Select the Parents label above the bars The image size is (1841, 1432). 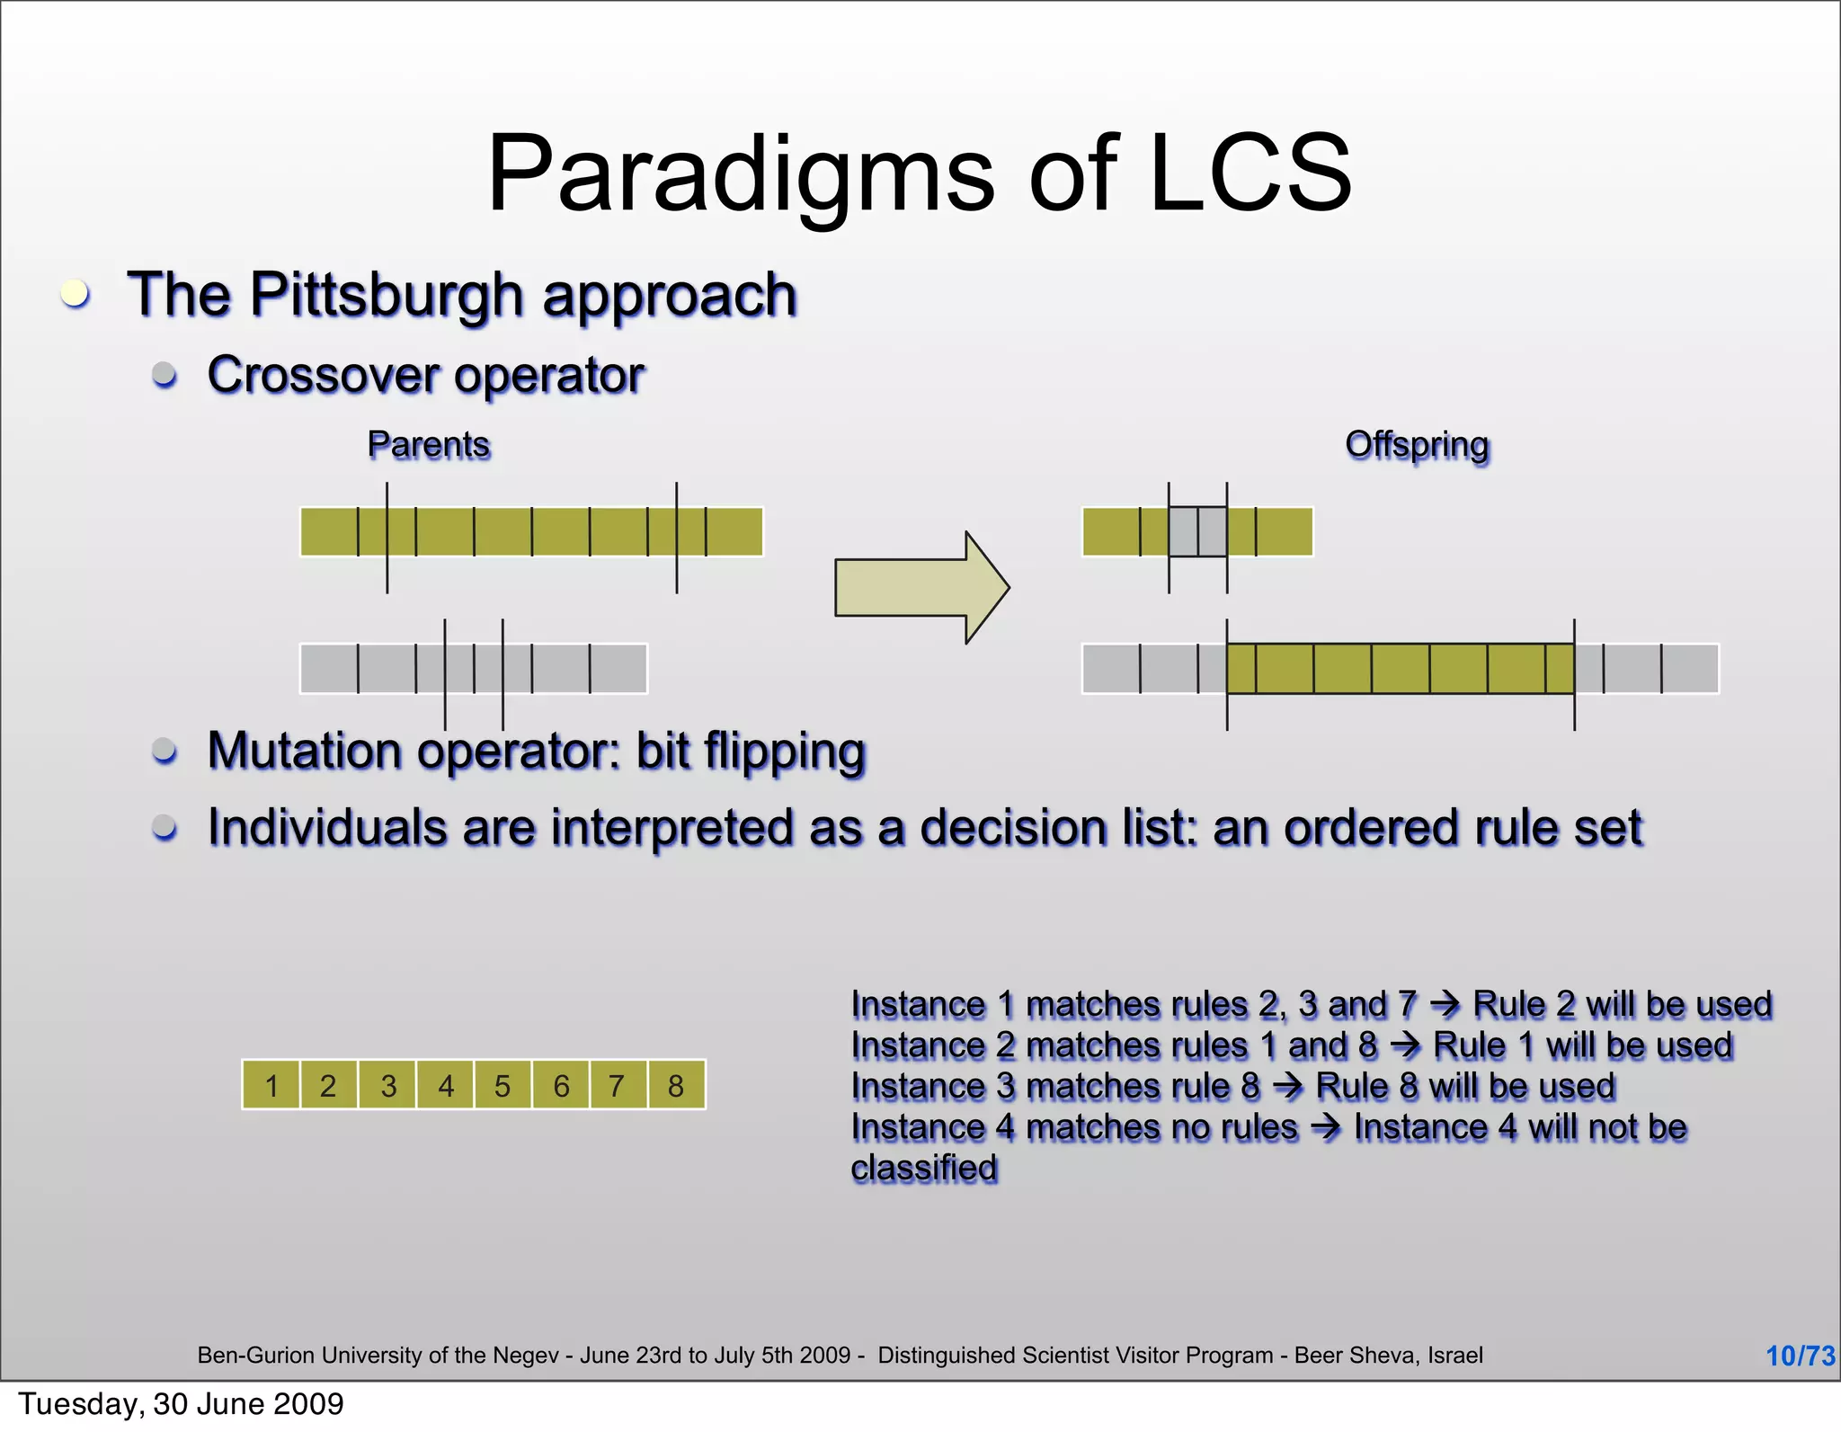tap(429, 445)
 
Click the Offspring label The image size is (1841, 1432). tap(1417, 445)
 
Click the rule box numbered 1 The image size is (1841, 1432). tap(271, 1086)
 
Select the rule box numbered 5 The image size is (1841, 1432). tap(502, 1086)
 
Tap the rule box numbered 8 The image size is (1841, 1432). tap(676, 1086)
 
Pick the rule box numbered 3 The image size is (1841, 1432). tap(387, 1086)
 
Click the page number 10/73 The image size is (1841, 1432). tap(1800, 1356)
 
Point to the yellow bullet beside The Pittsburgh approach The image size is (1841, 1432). tap(76, 294)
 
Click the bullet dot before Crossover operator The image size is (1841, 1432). tap(165, 374)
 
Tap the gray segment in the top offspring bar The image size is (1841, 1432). tap(1197, 531)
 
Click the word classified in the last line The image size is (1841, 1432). tap(924, 1169)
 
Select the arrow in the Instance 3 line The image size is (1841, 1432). tap(1288, 1087)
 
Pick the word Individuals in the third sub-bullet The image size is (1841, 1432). tap(326, 828)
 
